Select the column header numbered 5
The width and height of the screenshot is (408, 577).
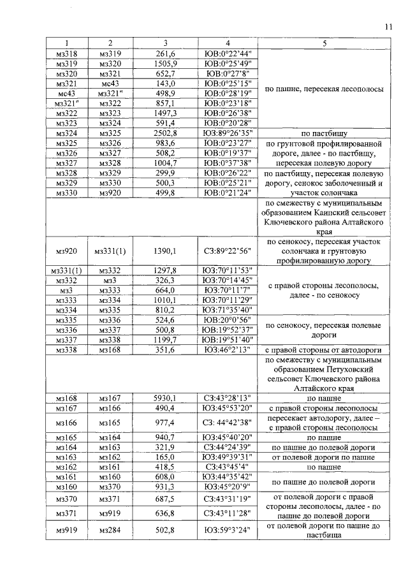tap(324, 43)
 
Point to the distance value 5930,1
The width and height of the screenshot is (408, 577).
tap(164, 397)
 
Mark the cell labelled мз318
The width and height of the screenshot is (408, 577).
tap(66, 54)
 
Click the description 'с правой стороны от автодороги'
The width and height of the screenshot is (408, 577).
tap(324, 349)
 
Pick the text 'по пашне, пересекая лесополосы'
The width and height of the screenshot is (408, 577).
tap(324, 89)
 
